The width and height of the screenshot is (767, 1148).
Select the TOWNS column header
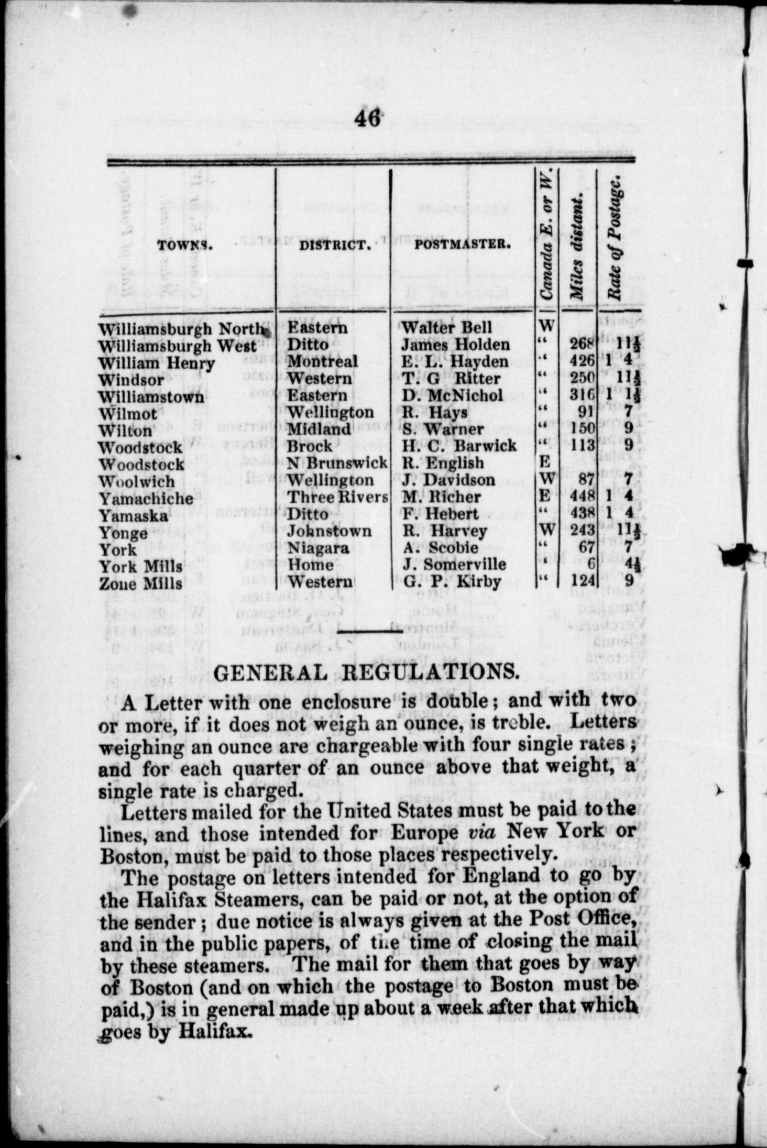pos(185,245)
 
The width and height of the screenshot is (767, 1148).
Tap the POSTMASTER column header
pos(463,244)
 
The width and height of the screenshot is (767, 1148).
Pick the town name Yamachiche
pos(146,498)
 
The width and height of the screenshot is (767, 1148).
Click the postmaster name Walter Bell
pos(446,328)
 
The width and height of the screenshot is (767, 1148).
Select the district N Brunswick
pos(337,463)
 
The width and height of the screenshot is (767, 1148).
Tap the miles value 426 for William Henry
pos(582,361)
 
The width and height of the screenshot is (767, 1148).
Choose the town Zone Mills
pos(141,583)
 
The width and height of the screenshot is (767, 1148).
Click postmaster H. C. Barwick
pos(459,446)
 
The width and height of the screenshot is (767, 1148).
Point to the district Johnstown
pos(329,532)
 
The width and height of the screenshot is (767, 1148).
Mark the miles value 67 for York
pos(587,548)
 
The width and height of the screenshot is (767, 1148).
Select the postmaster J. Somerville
pos(454,565)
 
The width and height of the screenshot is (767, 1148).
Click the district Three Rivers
pos(338,498)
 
